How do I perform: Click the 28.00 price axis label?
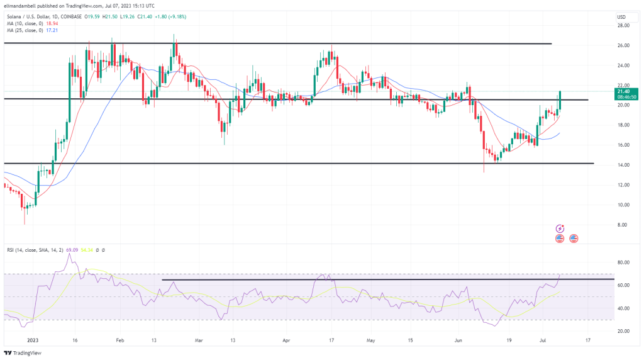click(x=624, y=26)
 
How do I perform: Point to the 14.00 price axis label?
click(x=624, y=165)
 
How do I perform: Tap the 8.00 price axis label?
click(x=625, y=225)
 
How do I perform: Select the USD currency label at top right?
click(x=621, y=16)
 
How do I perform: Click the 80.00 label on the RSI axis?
click(x=624, y=262)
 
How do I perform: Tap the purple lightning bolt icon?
click(x=560, y=228)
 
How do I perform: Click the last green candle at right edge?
click(x=559, y=102)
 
